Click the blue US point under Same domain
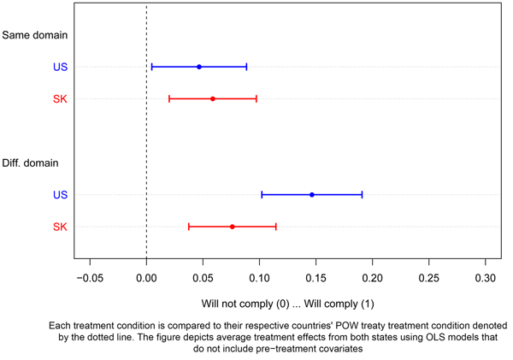[199, 67]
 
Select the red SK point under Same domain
[213, 98]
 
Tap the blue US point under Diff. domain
[312, 195]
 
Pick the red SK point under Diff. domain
[232, 227]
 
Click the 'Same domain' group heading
[35, 35]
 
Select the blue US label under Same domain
[60, 67]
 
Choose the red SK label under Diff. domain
[60, 227]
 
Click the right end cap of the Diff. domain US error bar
[362, 195]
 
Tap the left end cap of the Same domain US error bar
[151, 67]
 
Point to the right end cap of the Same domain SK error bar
[256, 98]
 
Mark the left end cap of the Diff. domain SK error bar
[189, 227]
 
